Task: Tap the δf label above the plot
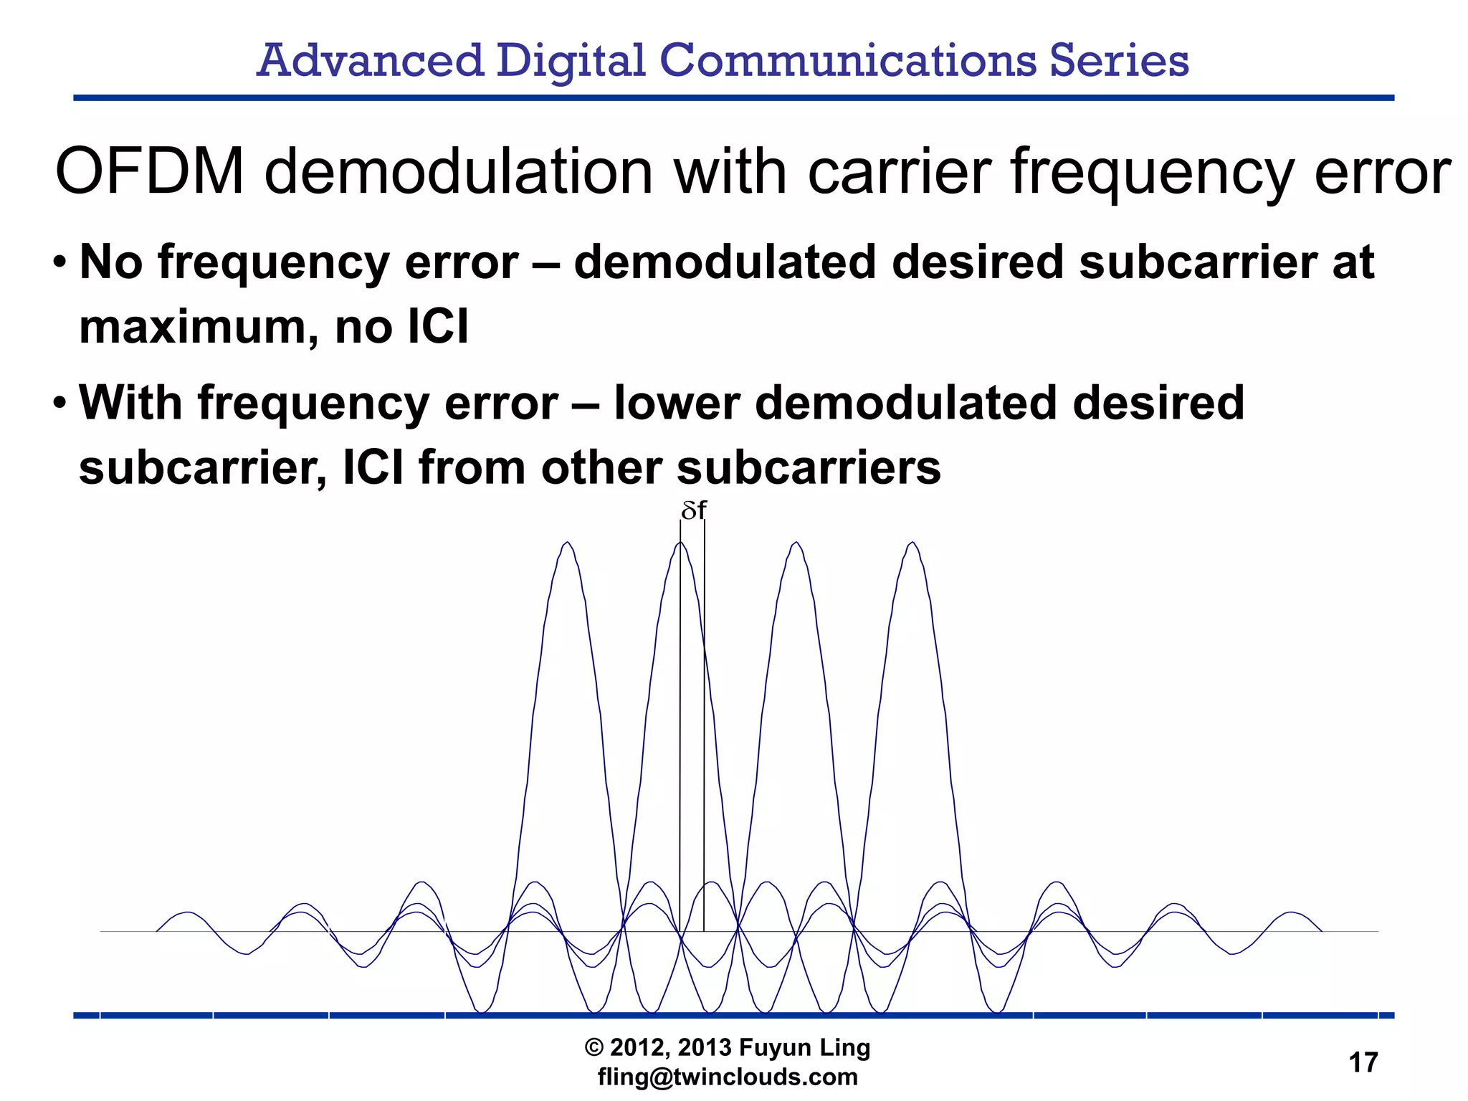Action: pos(693,510)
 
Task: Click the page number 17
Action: pos(1363,1062)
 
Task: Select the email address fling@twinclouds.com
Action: pos(728,1077)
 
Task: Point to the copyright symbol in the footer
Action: pos(594,1048)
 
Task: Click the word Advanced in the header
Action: pos(370,60)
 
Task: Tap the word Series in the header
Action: pos(1119,60)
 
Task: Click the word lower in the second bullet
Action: pos(677,403)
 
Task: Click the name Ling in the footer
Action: pos(846,1048)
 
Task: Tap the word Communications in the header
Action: pos(847,60)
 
